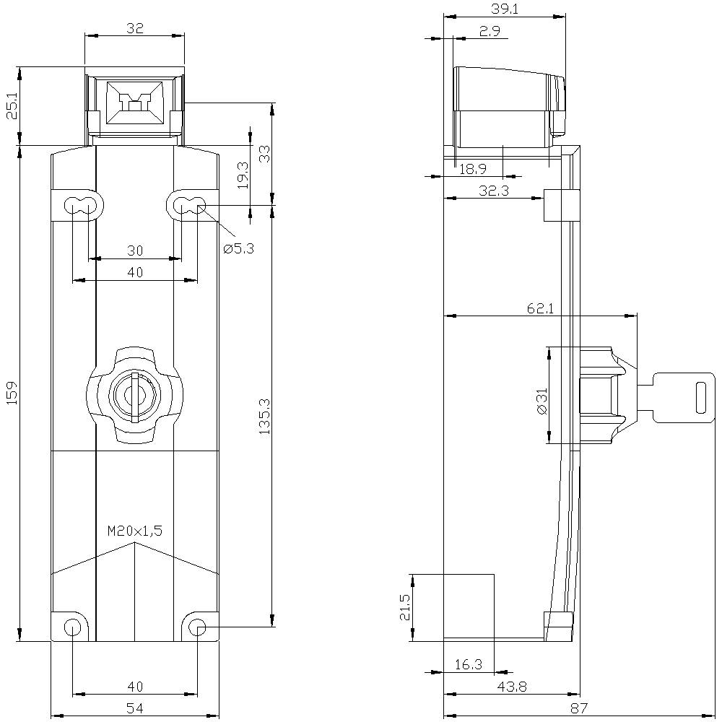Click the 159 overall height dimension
click(11, 393)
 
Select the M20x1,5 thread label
click(135, 531)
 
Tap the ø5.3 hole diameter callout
click(239, 248)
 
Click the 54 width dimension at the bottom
click(135, 708)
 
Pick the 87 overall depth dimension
click(578, 708)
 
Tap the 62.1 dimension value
click(540, 308)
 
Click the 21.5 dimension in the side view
click(404, 606)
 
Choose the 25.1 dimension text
click(11, 106)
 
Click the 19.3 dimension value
click(243, 175)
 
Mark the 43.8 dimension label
click(511, 687)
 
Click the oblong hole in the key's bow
click(700, 397)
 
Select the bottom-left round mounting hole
click(72, 627)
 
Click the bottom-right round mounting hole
click(197, 627)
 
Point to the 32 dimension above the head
click(135, 28)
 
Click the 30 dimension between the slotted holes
click(135, 251)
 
